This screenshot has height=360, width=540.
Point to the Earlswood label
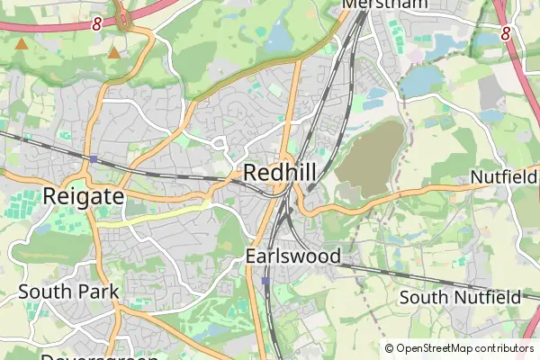pyautogui.click(x=293, y=256)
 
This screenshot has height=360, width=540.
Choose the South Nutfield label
pyautogui.click(x=460, y=297)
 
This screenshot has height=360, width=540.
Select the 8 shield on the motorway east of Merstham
pyautogui.click(x=506, y=33)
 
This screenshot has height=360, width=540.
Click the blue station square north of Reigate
pyautogui.click(x=94, y=159)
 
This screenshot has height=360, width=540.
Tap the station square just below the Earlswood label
pyautogui.click(x=266, y=281)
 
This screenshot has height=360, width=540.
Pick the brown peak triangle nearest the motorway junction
pyautogui.click(x=114, y=53)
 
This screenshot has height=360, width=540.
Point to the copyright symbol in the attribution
pyautogui.click(x=389, y=348)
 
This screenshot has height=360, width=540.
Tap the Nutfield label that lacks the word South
pyautogui.click(x=503, y=177)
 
